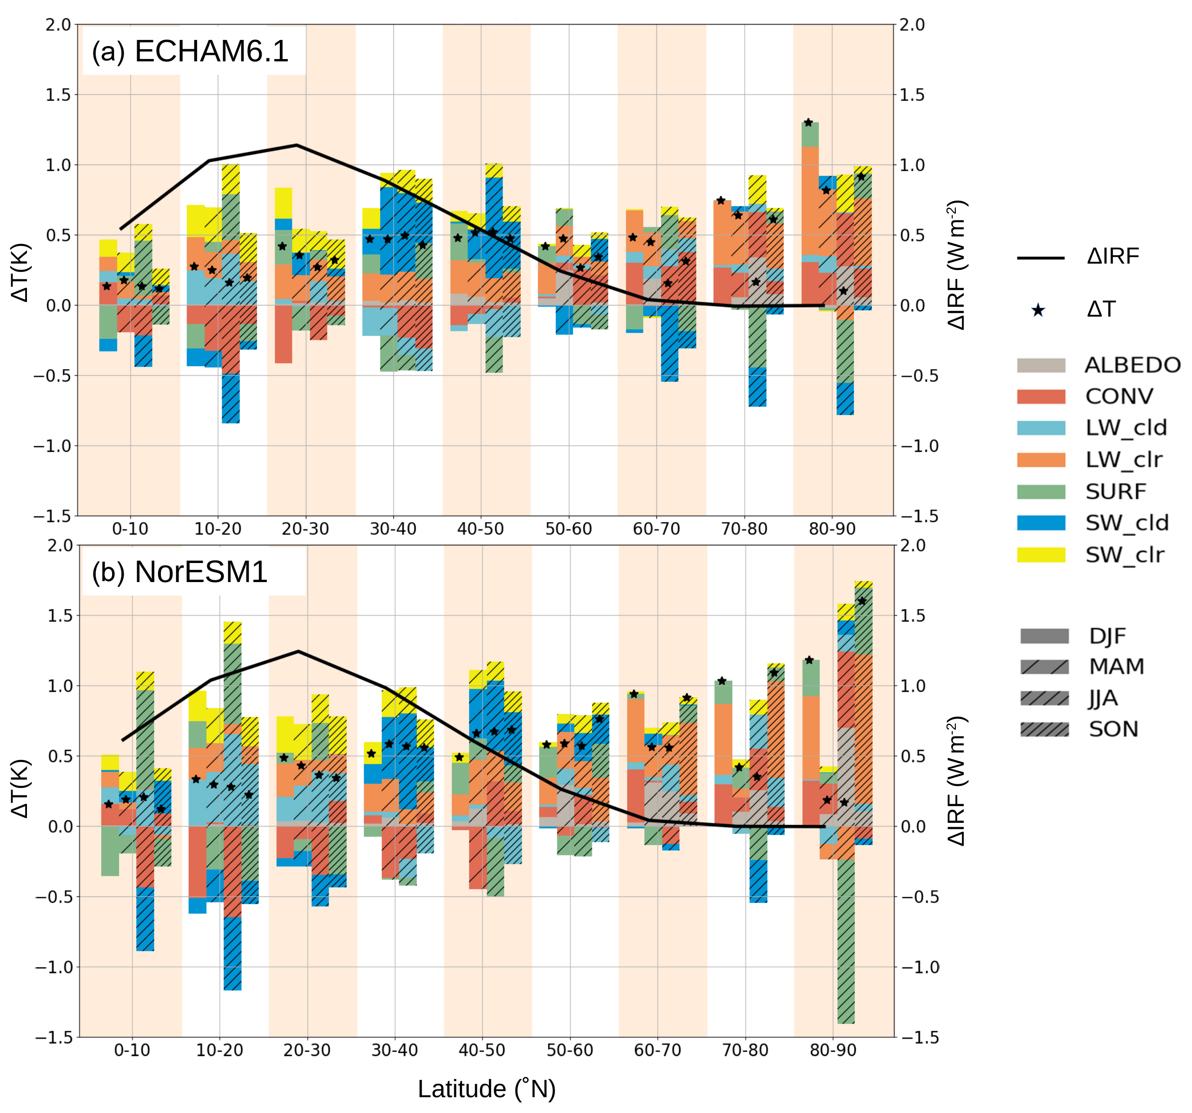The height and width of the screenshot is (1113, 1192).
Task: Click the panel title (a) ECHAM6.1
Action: (x=190, y=52)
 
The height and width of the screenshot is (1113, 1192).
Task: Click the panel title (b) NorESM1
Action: (x=179, y=572)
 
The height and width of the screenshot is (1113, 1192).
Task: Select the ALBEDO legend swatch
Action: (x=1041, y=365)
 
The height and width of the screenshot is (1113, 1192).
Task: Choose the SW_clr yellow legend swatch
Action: (x=1041, y=555)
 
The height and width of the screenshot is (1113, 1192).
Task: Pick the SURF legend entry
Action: (x=1115, y=492)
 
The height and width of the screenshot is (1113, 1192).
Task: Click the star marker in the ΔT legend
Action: (x=1038, y=310)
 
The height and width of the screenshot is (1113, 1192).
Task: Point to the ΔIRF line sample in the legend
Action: (x=1041, y=258)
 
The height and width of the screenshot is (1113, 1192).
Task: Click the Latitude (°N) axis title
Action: (x=486, y=1089)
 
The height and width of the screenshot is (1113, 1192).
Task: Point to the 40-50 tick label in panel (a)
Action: (x=480, y=529)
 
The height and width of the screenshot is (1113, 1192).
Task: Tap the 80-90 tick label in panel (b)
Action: (x=833, y=1050)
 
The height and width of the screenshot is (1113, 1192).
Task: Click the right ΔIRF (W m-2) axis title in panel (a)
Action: (x=958, y=265)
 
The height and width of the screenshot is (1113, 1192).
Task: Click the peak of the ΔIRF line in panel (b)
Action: (x=298, y=651)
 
